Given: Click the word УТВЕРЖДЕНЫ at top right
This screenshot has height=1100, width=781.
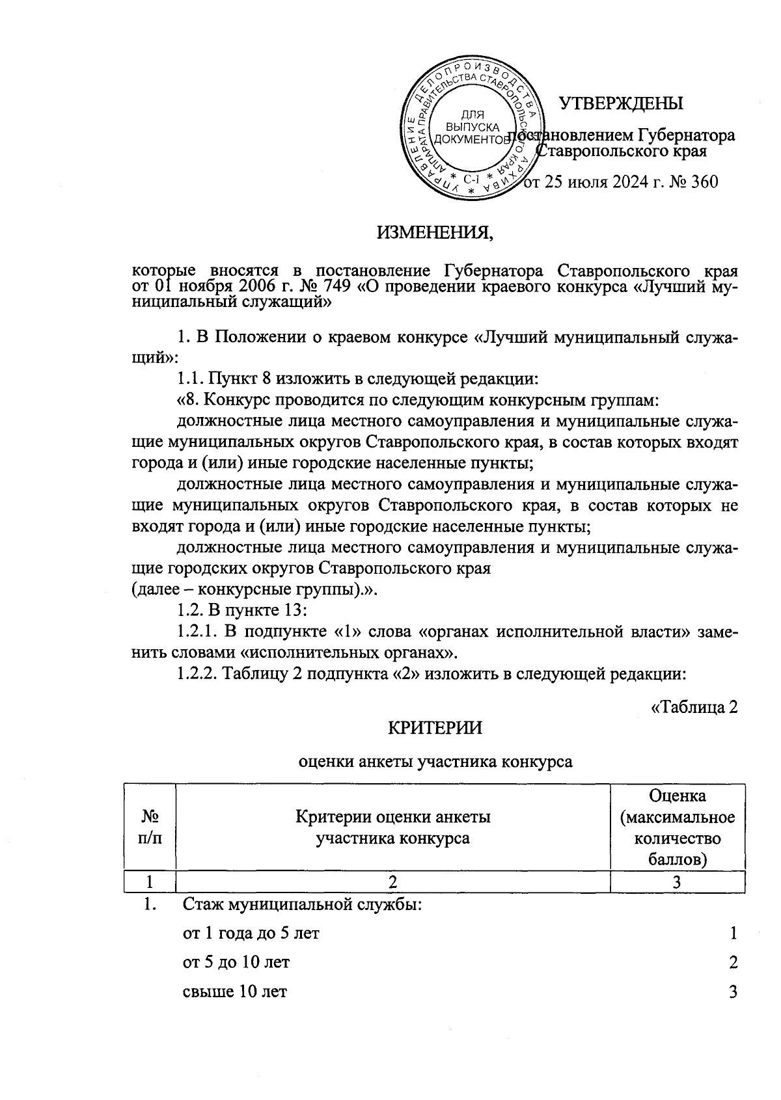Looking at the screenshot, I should tap(622, 103).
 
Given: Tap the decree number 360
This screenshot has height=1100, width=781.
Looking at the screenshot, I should tap(704, 182).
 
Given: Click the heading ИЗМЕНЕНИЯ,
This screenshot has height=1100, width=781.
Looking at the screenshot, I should tap(435, 231).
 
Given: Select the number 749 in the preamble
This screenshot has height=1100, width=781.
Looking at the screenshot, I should tap(328, 287).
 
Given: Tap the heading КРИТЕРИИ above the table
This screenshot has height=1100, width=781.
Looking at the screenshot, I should tap(435, 728).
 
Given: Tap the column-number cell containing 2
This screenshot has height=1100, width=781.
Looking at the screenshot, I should tap(392, 883).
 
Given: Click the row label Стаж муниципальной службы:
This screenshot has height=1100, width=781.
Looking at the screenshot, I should tap(303, 905).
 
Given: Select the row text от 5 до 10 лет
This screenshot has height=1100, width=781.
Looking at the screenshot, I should tap(236, 962).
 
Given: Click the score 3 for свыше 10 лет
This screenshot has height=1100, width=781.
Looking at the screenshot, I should tap(733, 992).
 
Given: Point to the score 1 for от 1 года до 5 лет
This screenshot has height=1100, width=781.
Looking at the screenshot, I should tap(733, 933).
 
